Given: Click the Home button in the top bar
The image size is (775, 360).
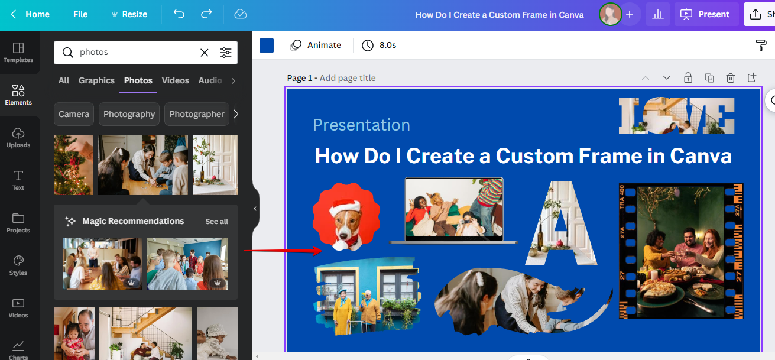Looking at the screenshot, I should point(31,14).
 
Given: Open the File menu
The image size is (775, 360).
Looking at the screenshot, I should point(80,14).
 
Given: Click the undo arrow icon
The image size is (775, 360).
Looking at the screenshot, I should point(179,14).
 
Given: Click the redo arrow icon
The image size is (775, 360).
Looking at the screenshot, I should point(206,14).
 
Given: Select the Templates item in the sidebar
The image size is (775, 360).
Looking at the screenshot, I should point(18,52).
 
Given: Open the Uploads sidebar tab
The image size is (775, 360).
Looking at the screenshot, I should point(18,137).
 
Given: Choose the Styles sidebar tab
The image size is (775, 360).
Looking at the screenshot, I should point(18,265).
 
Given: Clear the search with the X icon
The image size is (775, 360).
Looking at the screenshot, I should point(205,53).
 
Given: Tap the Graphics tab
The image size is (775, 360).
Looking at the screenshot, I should point(96,80).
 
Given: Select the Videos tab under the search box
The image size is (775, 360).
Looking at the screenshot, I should point(176,80).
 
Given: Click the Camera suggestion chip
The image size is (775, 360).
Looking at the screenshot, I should point(74,114).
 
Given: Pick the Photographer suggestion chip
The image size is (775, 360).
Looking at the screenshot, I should point(197,114).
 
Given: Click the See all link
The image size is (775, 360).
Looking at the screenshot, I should point(216,222).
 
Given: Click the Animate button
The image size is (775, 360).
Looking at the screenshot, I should point(316,45).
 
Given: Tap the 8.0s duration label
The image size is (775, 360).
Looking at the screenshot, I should point(380,45).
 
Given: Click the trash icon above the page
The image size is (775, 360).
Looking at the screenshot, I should point(731,78).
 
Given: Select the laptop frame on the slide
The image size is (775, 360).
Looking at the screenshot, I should point(453,210).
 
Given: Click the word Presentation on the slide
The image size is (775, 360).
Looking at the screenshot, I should point(361,125).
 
